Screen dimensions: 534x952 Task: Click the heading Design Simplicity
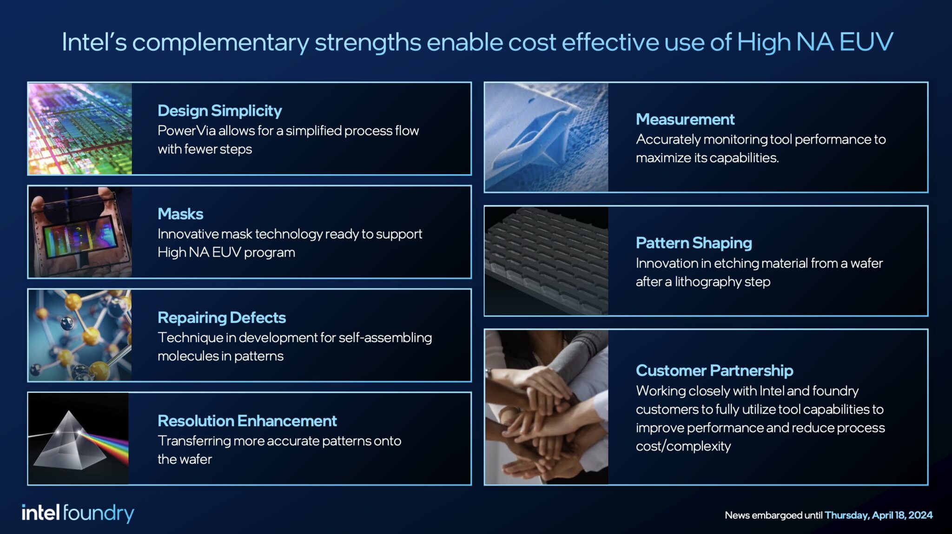click(x=219, y=111)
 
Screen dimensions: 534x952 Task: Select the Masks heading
click(x=180, y=214)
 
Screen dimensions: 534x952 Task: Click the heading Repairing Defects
click(x=221, y=317)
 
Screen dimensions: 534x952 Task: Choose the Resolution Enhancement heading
click(x=247, y=421)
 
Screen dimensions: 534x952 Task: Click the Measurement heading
click(x=685, y=119)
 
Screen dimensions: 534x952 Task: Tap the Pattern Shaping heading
click(x=694, y=243)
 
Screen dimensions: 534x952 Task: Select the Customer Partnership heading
click(x=714, y=370)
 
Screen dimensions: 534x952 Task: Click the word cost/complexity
click(x=683, y=446)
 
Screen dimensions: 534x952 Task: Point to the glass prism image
click(x=78, y=439)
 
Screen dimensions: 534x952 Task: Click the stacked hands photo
click(x=546, y=407)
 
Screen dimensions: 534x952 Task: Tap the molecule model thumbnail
click(x=79, y=335)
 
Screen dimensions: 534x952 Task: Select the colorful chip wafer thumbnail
click(x=80, y=129)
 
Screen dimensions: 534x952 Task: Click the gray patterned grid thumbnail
click(x=546, y=260)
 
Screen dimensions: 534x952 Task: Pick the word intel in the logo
click(x=40, y=513)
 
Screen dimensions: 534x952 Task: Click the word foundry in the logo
click(x=98, y=514)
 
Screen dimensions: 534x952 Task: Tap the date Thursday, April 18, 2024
click(x=878, y=515)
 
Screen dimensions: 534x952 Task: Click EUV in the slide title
click(x=866, y=42)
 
